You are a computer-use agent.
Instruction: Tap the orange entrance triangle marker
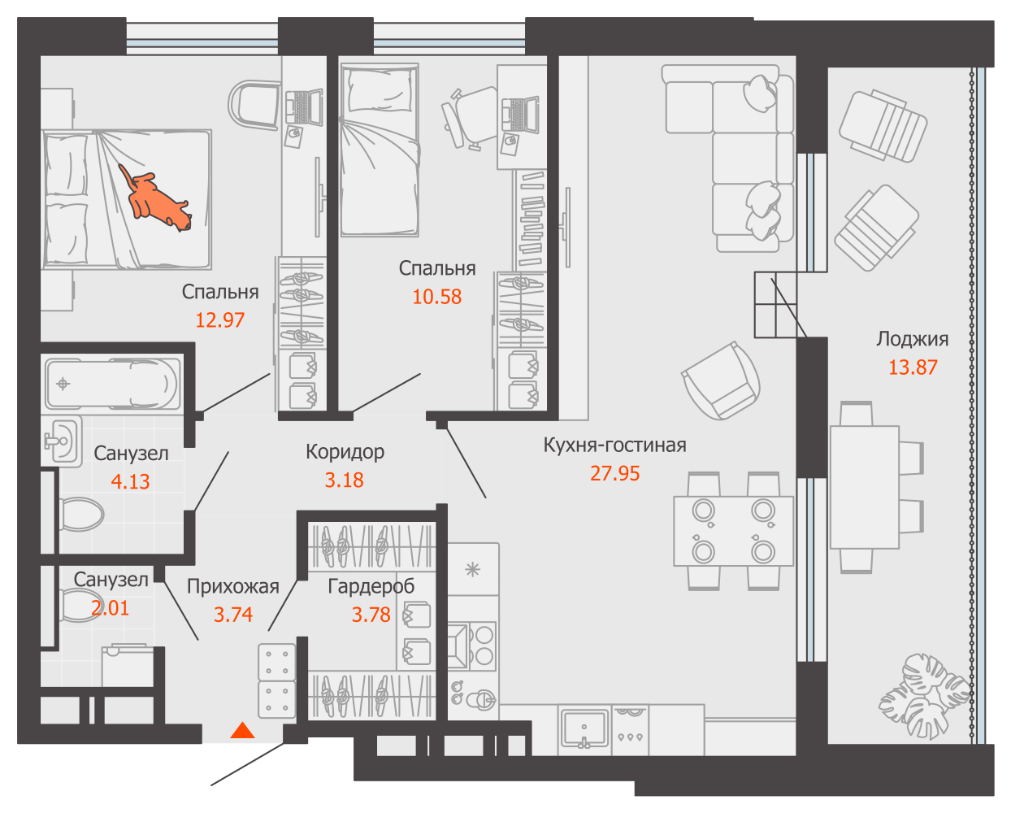point(242,730)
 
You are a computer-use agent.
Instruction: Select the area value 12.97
point(220,320)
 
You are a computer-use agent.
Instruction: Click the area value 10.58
point(437,297)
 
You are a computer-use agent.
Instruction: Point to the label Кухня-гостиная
point(614,445)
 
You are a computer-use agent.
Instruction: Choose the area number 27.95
point(614,473)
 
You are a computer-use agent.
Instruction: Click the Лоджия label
point(913,339)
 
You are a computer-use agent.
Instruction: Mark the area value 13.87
point(913,367)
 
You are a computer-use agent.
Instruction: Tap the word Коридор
point(345,452)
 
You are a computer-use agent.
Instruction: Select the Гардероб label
point(371,586)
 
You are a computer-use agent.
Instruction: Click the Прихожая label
point(233,586)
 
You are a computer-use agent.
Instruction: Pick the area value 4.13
point(130,481)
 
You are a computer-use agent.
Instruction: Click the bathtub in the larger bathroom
point(113,385)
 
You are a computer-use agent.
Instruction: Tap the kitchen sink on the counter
point(584,728)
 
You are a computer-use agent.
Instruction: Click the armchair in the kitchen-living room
point(721,380)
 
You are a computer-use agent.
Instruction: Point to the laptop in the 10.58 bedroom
point(520,114)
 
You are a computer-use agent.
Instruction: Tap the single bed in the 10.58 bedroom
point(380,150)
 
